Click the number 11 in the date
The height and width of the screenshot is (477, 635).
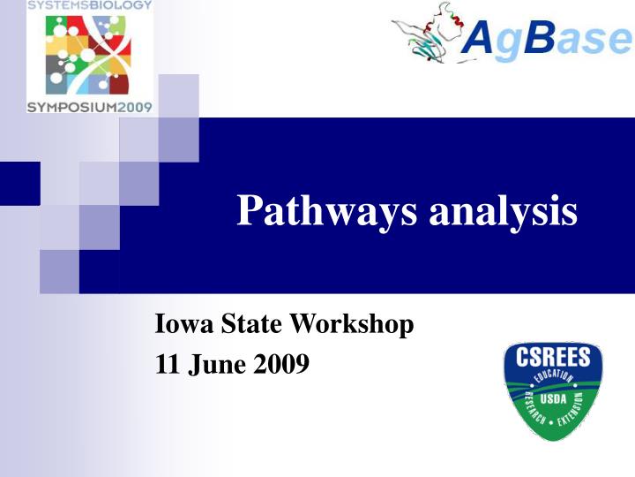point(166,363)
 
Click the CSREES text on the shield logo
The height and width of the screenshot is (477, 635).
point(553,360)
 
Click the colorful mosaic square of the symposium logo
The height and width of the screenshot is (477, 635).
point(89,55)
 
